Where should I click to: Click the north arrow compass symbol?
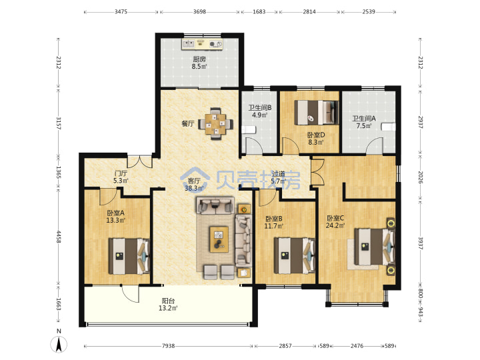[59, 343]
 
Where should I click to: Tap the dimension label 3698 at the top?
[199, 12]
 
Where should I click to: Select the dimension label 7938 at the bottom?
[169, 346]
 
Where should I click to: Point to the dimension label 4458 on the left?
[59, 237]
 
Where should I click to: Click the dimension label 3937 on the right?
[420, 243]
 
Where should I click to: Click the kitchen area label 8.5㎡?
[199, 67]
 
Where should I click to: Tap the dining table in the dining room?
[216, 124]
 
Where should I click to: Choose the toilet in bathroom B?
[249, 130]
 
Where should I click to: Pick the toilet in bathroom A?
[388, 127]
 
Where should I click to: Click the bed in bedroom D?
[317, 113]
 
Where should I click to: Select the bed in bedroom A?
[129, 257]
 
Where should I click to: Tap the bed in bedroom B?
[295, 255]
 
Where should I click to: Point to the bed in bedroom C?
[375, 247]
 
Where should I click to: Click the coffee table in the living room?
[219, 239]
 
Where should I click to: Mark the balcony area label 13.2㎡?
[168, 308]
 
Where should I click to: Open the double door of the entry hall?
[139, 162]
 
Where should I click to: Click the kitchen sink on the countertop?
[188, 45]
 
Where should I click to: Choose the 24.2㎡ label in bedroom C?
[335, 226]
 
